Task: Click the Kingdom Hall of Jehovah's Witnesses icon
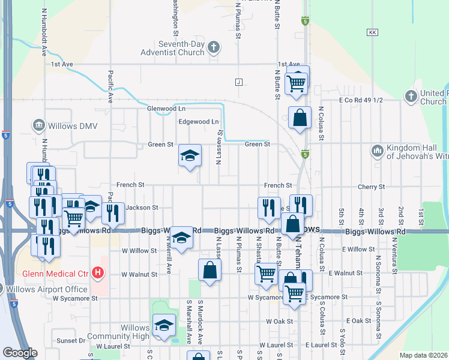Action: tap(378, 150)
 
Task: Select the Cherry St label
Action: tap(371, 187)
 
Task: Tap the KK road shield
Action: tap(373, 32)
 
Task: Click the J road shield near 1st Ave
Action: tap(239, 82)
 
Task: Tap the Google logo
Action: tap(19, 353)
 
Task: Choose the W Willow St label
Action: tap(139, 250)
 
